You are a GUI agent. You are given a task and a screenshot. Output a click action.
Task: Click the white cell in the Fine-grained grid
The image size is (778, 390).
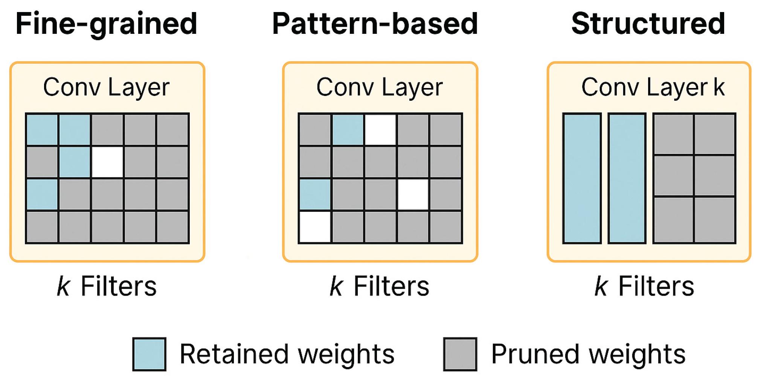click(107, 162)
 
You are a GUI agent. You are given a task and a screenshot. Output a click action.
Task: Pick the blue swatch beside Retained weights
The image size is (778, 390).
click(149, 354)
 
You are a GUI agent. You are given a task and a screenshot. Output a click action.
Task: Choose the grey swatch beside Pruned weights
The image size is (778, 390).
click(460, 354)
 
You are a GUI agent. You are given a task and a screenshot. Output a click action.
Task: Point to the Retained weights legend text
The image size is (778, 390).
click(287, 354)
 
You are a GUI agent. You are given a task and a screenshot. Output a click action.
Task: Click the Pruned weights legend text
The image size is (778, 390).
click(588, 354)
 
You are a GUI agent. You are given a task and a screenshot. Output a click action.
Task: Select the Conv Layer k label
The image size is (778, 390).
click(653, 87)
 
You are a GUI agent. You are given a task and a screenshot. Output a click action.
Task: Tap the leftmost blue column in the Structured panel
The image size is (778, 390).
click(582, 178)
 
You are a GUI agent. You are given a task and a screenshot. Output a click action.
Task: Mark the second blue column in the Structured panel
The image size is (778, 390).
click(627, 178)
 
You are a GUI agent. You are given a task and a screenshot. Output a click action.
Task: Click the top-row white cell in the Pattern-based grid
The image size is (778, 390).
click(380, 130)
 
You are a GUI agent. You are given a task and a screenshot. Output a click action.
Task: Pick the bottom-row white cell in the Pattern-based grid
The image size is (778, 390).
click(315, 227)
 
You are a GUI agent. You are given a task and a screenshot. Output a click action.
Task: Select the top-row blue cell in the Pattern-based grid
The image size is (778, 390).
click(348, 130)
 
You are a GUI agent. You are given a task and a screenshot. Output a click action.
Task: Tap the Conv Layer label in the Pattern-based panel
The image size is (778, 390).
click(379, 87)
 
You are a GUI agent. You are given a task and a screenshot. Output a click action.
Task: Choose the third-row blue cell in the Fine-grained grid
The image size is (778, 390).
click(42, 194)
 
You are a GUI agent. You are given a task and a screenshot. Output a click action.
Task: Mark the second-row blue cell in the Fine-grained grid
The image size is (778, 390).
click(75, 162)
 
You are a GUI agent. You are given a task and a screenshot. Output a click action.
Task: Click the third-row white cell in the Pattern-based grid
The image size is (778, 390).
click(413, 194)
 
